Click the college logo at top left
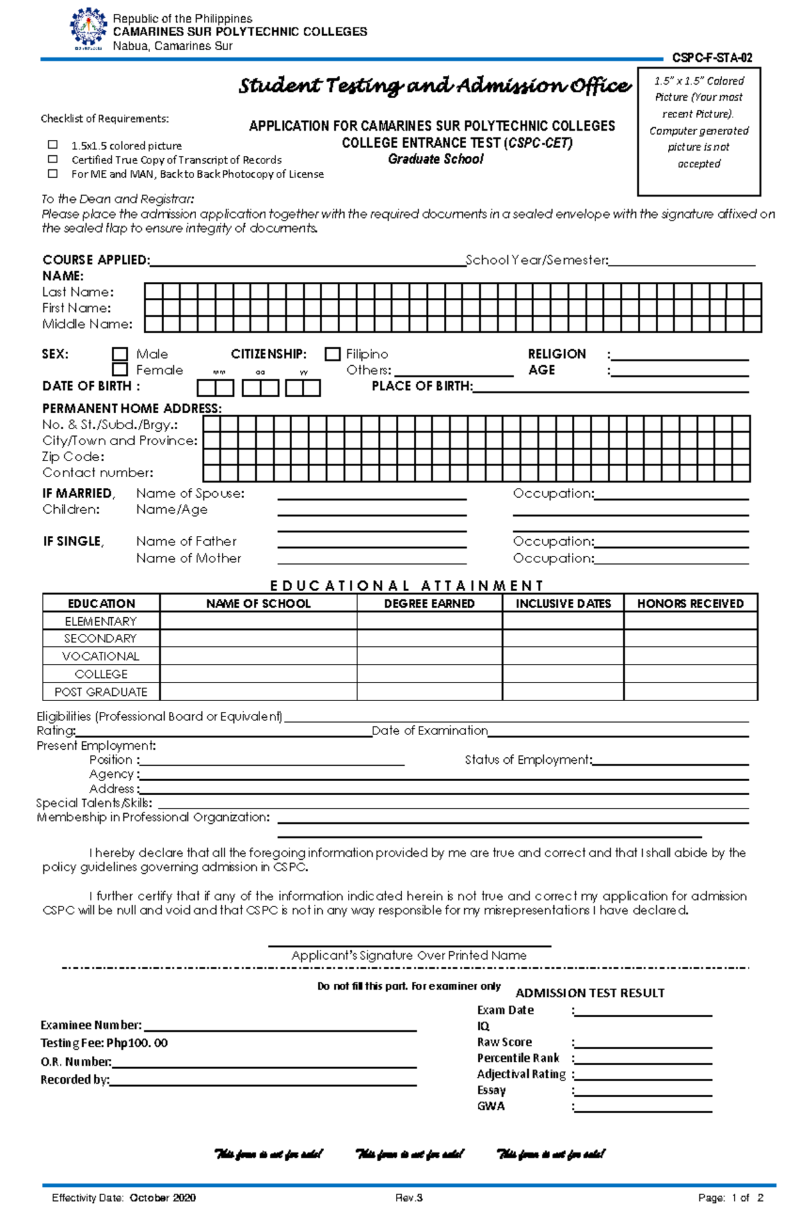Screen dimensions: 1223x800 click(x=88, y=29)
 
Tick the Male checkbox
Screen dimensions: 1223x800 click(x=120, y=354)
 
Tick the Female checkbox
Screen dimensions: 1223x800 click(x=120, y=369)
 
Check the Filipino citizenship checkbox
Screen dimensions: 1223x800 click(x=332, y=354)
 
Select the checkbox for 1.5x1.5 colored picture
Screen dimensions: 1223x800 click(x=53, y=145)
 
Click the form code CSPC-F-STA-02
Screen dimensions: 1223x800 click(x=712, y=58)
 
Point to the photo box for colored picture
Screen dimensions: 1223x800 click(x=699, y=131)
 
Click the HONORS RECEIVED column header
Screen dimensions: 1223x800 click(x=690, y=603)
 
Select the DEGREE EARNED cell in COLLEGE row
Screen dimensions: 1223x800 click(x=429, y=674)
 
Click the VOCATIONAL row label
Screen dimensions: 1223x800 click(x=101, y=656)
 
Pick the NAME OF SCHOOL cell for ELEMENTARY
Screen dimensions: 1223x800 click(x=258, y=621)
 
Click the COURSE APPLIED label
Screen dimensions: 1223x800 click(x=96, y=260)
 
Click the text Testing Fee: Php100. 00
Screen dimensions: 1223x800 click(x=104, y=1043)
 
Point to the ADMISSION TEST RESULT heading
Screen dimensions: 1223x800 click(x=590, y=993)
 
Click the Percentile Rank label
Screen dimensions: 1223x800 click(x=518, y=1058)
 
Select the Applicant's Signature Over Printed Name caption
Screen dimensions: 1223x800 click(x=409, y=955)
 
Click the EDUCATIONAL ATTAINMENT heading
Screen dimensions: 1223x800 click(x=407, y=586)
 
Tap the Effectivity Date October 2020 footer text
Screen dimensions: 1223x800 click(x=124, y=1198)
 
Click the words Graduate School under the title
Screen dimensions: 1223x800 click(x=436, y=159)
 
